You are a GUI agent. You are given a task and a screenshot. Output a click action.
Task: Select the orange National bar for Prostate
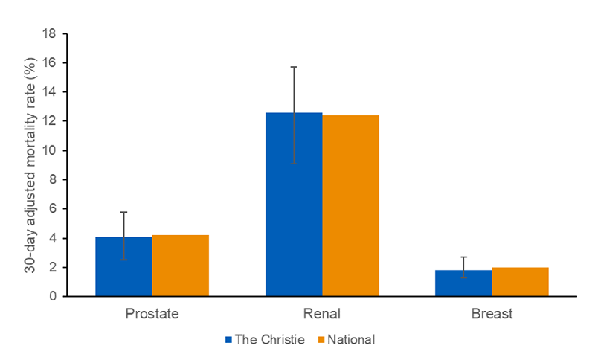click(x=180, y=266)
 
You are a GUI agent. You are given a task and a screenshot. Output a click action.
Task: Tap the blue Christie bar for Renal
click(x=294, y=205)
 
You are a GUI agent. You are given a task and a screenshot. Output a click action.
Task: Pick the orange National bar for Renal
click(x=350, y=206)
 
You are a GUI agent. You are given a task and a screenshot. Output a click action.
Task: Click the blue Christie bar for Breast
click(x=463, y=283)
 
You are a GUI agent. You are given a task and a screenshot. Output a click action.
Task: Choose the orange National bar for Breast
click(x=520, y=282)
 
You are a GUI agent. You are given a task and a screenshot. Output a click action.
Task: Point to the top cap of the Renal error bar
click(x=294, y=67)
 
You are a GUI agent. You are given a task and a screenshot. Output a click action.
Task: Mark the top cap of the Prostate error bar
click(x=123, y=212)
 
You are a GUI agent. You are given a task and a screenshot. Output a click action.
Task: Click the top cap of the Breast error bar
click(x=463, y=257)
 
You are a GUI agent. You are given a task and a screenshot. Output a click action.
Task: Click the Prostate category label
click(x=152, y=314)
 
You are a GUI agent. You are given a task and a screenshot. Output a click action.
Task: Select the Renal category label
click(x=322, y=314)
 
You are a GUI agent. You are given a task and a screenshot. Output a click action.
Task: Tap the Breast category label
click(x=492, y=314)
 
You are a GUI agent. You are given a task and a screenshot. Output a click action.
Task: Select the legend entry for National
click(x=346, y=340)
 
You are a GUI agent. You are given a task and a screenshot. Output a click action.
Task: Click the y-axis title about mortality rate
click(x=30, y=165)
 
